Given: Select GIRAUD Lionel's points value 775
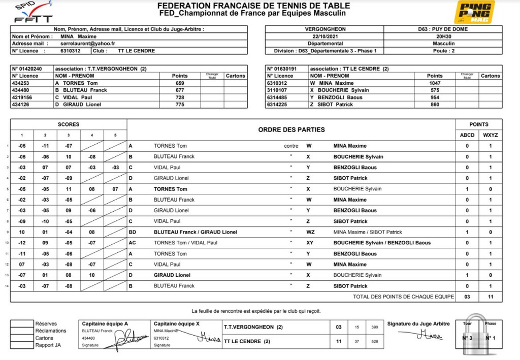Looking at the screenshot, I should [x=180, y=105].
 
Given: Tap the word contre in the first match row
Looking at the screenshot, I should [x=291, y=146].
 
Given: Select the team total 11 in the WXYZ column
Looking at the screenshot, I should [x=490, y=297].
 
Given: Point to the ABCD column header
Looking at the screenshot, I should [x=467, y=135].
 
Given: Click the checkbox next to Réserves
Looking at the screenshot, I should [x=21, y=323].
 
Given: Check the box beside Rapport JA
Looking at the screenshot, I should [x=21, y=345].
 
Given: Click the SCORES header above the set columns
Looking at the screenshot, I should [x=68, y=124].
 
